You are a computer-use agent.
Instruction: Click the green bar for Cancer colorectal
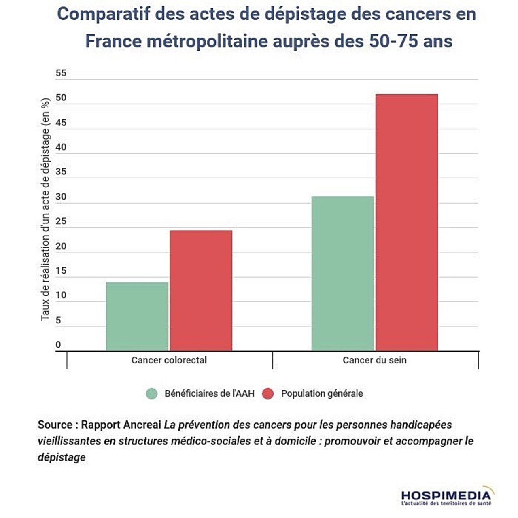(137, 316)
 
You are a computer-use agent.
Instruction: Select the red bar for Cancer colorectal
(201, 290)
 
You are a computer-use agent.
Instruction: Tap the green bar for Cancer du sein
(342, 273)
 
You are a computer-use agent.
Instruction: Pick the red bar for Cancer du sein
(407, 222)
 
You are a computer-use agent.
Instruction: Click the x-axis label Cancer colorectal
(169, 360)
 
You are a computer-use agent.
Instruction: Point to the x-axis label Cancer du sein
(374, 360)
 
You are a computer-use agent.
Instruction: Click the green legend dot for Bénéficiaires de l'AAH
(152, 394)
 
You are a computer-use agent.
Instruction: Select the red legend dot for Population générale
(268, 394)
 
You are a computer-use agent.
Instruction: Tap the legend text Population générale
(322, 394)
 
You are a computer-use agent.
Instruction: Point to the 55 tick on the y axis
(61, 73)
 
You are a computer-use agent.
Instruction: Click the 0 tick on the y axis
(58, 345)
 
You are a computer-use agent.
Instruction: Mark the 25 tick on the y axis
(61, 221)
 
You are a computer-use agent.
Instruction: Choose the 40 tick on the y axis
(61, 147)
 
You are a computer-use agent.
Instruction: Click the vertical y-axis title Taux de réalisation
(45, 210)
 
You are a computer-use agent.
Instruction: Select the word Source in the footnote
(55, 425)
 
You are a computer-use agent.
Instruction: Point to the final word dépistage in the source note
(62, 457)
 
